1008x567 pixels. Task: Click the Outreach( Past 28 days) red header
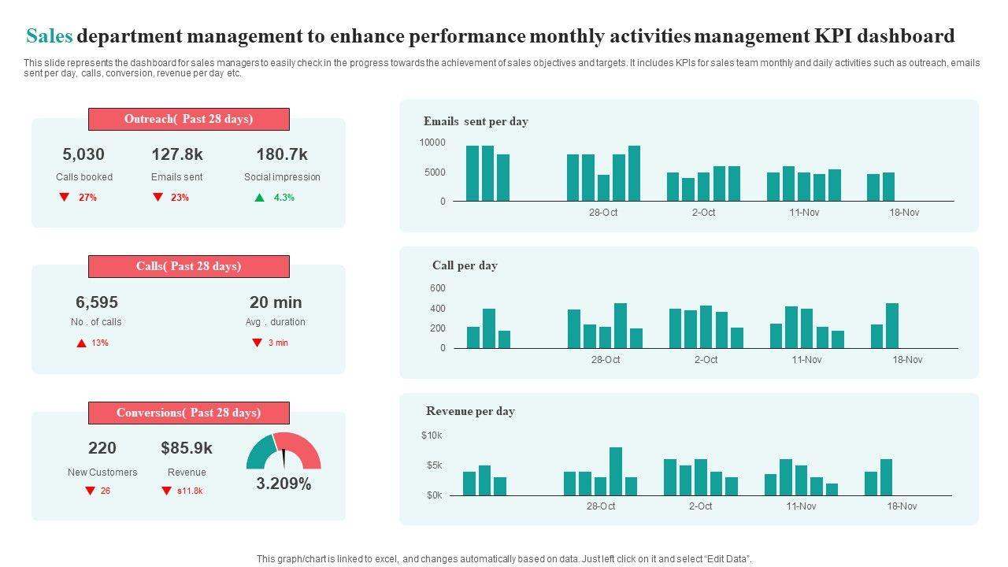click(x=189, y=119)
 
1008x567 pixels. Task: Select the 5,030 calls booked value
click(x=83, y=154)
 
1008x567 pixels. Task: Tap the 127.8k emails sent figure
click(x=177, y=154)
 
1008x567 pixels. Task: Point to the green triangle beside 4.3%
click(x=259, y=198)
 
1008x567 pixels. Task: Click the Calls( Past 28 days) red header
click(x=189, y=266)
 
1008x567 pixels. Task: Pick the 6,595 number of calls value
click(x=97, y=302)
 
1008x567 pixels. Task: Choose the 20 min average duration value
click(x=276, y=302)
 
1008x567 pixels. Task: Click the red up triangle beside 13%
click(x=81, y=343)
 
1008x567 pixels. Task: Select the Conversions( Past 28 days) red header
click(x=189, y=413)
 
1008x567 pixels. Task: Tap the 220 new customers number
click(x=102, y=448)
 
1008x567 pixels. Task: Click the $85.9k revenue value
click(x=187, y=448)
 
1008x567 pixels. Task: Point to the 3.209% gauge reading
click(x=283, y=484)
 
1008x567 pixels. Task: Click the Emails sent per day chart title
click(x=476, y=121)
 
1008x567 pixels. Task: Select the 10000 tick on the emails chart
click(x=432, y=143)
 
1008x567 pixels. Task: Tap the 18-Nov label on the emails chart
click(x=904, y=213)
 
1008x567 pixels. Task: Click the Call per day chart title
click(x=465, y=265)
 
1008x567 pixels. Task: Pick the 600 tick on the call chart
click(x=438, y=288)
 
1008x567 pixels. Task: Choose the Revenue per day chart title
click(x=470, y=411)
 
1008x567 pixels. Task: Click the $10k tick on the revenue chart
click(x=432, y=435)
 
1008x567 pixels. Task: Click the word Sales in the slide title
click(x=50, y=36)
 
